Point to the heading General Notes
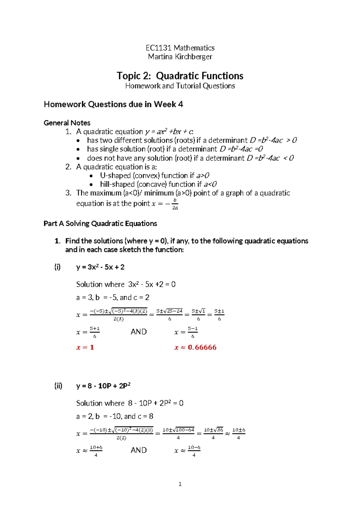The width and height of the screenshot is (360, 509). (x=67, y=123)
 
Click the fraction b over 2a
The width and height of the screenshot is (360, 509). (x=175, y=204)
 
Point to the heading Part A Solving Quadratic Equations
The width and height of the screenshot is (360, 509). (x=100, y=224)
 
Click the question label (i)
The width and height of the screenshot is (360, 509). (x=57, y=267)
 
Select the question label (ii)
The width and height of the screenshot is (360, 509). (x=58, y=386)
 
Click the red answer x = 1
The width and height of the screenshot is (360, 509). (x=85, y=347)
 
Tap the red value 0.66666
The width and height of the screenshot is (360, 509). (x=202, y=347)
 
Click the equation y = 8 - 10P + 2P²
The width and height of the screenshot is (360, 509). (x=103, y=386)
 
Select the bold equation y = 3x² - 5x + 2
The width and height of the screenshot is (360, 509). (x=100, y=267)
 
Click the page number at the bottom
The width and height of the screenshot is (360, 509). (x=180, y=484)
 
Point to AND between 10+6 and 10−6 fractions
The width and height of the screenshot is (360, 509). (x=139, y=450)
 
